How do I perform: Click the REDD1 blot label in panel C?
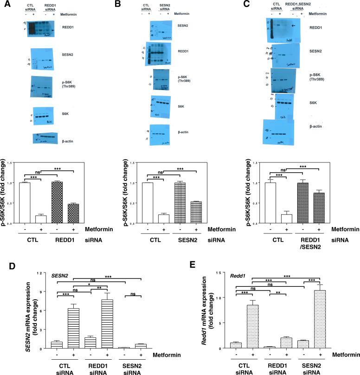coord(317,28)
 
